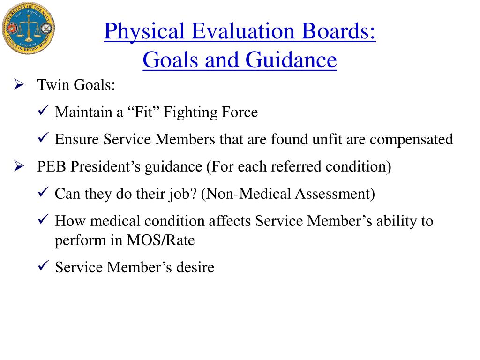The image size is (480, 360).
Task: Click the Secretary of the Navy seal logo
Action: coord(28,29)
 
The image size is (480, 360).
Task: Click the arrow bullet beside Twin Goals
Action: coord(19,85)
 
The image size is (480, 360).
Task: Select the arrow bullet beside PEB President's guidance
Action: coord(19,166)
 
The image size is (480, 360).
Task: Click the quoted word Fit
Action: coord(143,112)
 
